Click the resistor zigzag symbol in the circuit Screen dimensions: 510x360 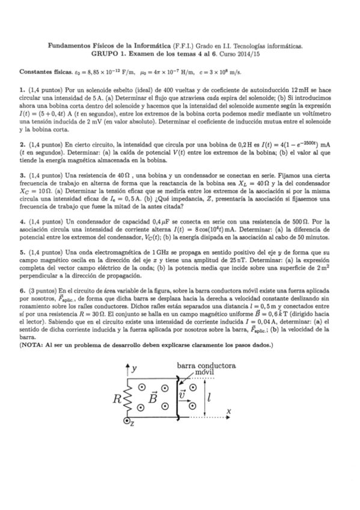tap(126, 399)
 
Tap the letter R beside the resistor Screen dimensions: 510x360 tap(118, 399)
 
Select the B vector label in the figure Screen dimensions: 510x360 tap(153, 398)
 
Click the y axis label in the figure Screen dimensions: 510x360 tap(135, 367)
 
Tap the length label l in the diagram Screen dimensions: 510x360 tap(208, 397)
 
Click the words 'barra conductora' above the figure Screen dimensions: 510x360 tap(206, 365)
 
